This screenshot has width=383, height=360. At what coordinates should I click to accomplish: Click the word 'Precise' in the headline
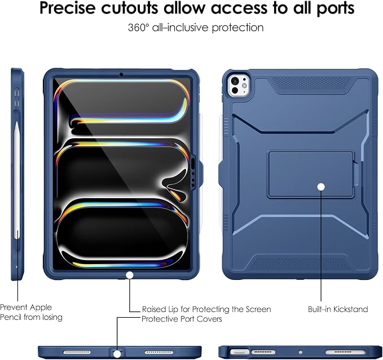[67, 8]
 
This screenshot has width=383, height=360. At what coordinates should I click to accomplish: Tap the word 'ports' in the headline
[336, 9]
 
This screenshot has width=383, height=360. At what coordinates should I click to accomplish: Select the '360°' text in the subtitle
[138, 28]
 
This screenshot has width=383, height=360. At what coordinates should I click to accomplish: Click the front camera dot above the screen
[121, 74]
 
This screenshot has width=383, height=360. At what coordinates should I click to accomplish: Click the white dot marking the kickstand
[321, 187]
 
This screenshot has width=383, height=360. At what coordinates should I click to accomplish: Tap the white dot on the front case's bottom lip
[130, 275]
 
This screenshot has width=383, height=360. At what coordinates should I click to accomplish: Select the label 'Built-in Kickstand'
[338, 309]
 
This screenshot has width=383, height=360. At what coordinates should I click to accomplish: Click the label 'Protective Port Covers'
[182, 319]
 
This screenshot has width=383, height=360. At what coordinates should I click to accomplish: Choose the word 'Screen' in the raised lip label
[258, 309]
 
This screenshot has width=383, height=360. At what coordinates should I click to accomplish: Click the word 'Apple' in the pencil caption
[40, 307]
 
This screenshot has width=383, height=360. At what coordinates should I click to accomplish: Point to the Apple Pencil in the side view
[17, 180]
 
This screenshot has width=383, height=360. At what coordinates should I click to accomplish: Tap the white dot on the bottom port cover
[117, 354]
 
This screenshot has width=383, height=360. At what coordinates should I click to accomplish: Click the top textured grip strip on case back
[311, 84]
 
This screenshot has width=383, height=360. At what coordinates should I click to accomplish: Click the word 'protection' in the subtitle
[237, 28]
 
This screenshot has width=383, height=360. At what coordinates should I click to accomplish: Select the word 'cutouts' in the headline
[130, 8]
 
